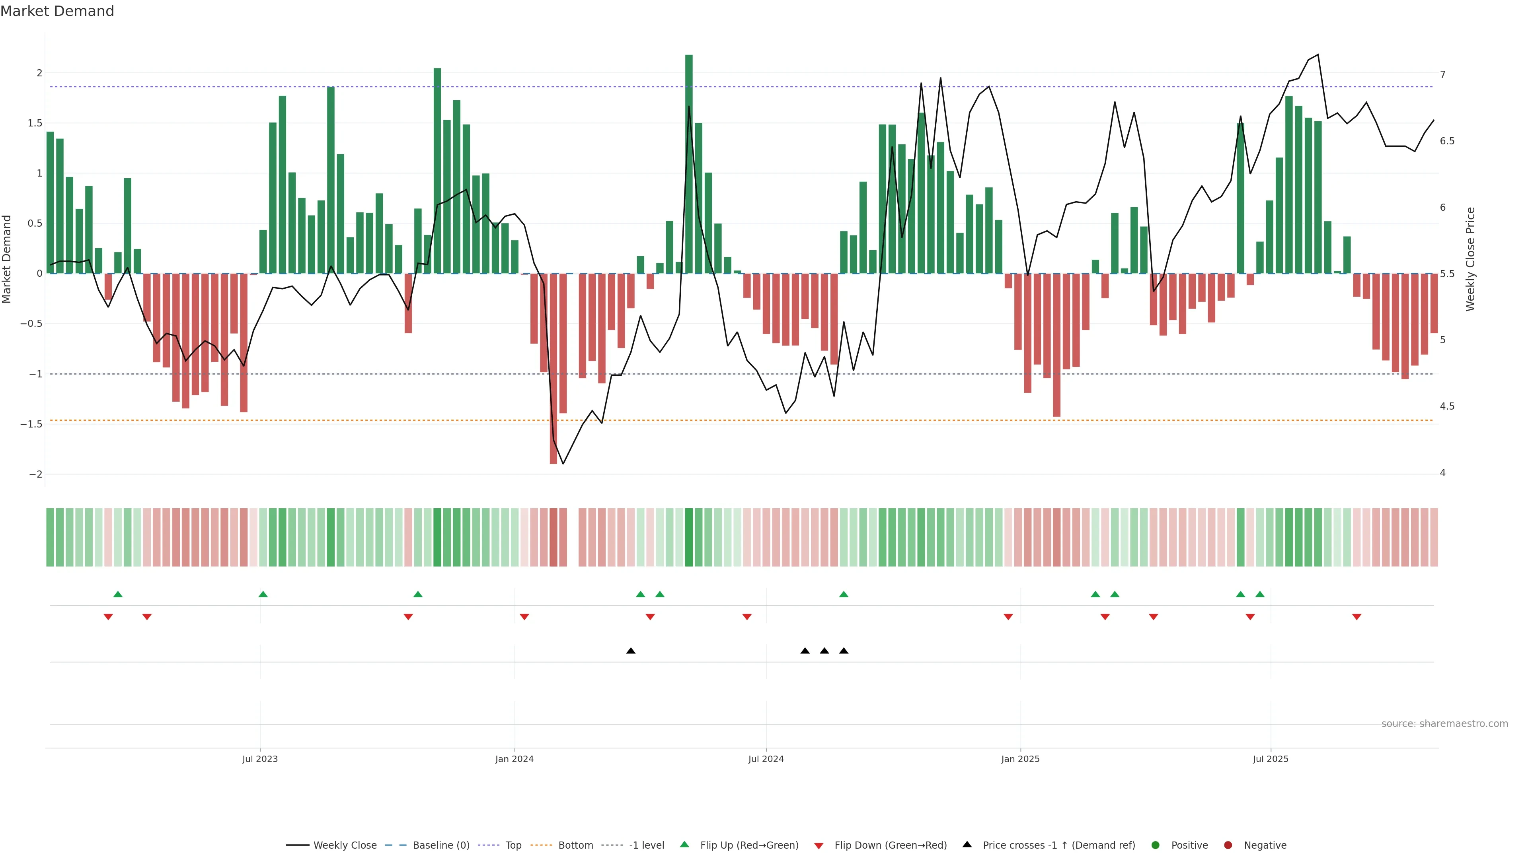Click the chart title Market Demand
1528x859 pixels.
pos(57,11)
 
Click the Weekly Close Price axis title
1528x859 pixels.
pos(1470,259)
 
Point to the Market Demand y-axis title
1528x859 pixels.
pos(7,259)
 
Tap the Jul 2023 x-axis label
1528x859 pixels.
pos(260,759)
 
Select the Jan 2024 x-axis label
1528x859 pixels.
pos(514,759)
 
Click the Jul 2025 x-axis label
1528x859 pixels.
pos(1271,759)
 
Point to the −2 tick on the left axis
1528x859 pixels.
pos(36,474)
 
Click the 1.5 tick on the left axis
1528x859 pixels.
pos(35,123)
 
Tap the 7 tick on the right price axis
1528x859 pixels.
pos(1442,75)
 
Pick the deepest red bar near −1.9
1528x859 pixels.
pos(554,368)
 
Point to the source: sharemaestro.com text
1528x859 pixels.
pos(1444,724)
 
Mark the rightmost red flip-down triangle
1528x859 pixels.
pos(1356,617)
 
